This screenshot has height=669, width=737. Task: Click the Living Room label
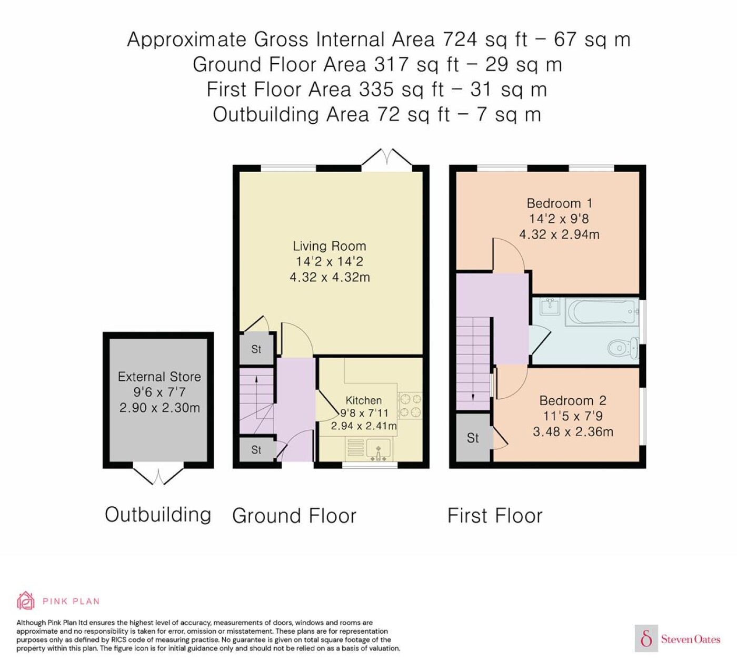[x=329, y=245]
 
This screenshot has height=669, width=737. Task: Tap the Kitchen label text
[x=363, y=400]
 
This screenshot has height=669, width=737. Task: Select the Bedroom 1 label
[x=559, y=203]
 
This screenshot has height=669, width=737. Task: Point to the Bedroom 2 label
[x=573, y=400]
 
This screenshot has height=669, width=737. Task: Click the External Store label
[x=159, y=376]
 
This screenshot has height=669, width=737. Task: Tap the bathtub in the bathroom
[x=602, y=312]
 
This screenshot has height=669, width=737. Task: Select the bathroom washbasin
[x=550, y=307]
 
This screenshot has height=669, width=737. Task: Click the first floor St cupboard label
[x=473, y=438]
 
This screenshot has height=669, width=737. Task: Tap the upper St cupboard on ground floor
[x=256, y=349]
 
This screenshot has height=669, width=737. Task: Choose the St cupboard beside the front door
[x=256, y=449]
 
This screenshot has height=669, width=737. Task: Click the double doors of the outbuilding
[x=158, y=476]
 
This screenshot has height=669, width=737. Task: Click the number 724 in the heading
[x=460, y=39]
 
